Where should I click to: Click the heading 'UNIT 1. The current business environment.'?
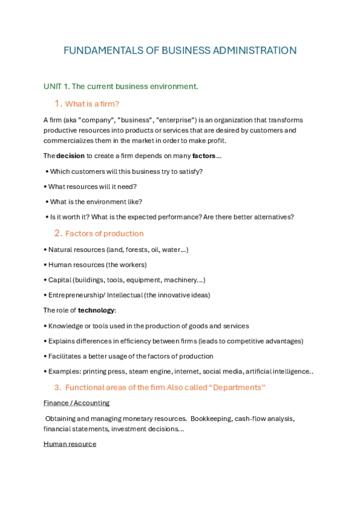click(121, 87)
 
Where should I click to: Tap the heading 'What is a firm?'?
click(92, 103)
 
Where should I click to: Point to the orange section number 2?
click(58, 233)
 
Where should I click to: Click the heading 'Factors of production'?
click(105, 233)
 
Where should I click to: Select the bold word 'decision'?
click(70, 156)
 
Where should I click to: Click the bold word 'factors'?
click(204, 156)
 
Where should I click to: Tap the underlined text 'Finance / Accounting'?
click(76, 403)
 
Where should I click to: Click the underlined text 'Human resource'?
click(70, 444)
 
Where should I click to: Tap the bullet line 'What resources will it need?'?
click(93, 186)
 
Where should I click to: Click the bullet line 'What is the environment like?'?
click(96, 202)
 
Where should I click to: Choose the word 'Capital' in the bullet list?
click(59, 280)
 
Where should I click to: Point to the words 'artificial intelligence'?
click(278, 372)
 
